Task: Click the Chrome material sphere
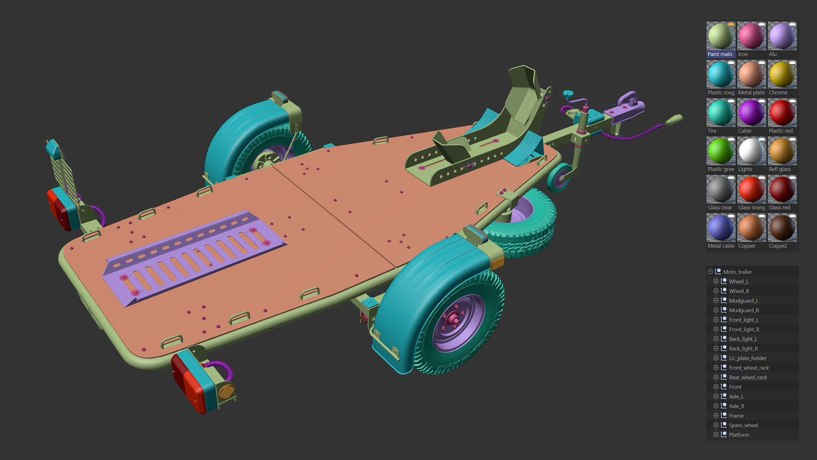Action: pyautogui.click(x=782, y=75)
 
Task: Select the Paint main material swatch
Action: pyautogui.click(x=721, y=36)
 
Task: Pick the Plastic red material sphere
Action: pyautogui.click(x=782, y=113)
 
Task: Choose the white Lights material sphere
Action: pyautogui.click(x=751, y=151)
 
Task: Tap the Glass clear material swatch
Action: pyautogui.click(x=721, y=190)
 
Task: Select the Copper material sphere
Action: pyautogui.click(x=751, y=228)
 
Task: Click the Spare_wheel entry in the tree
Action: pyautogui.click(x=743, y=425)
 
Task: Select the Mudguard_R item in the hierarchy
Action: pyautogui.click(x=744, y=310)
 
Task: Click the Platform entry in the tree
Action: pyautogui.click(x=739, y=435)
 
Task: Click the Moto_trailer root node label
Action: pyautogui.click(x=737, y=272)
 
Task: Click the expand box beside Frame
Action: pyautogui.click(x=716, y=416)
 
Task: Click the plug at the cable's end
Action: pyautogui.click(x=674, y=120)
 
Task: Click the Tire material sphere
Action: pyautogui.click(x=721, y=113)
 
